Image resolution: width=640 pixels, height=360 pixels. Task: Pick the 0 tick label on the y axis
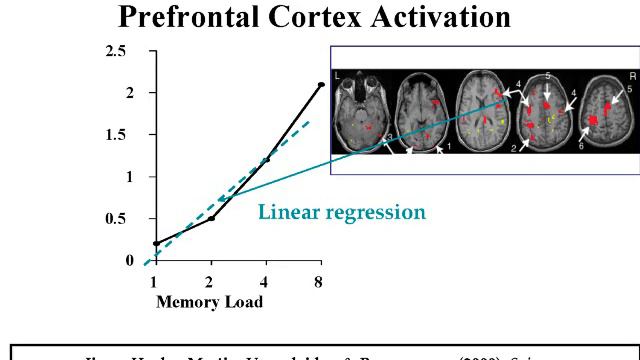(129, 260)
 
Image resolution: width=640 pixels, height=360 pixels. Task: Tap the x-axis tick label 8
(319, 281)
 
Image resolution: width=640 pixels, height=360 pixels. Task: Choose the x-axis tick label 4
(266, 281)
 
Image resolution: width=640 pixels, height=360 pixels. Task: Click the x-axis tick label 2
(211, 281)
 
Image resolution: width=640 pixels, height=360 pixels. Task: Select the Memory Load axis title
(209, 301)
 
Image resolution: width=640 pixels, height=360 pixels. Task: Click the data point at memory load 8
(320, 85)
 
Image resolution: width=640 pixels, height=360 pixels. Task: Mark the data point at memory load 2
(211, 217)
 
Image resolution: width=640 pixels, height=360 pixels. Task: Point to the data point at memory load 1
(156, 243)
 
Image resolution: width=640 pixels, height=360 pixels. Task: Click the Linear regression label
(342, 212)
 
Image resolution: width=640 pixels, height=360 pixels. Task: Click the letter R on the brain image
(632, 76)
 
